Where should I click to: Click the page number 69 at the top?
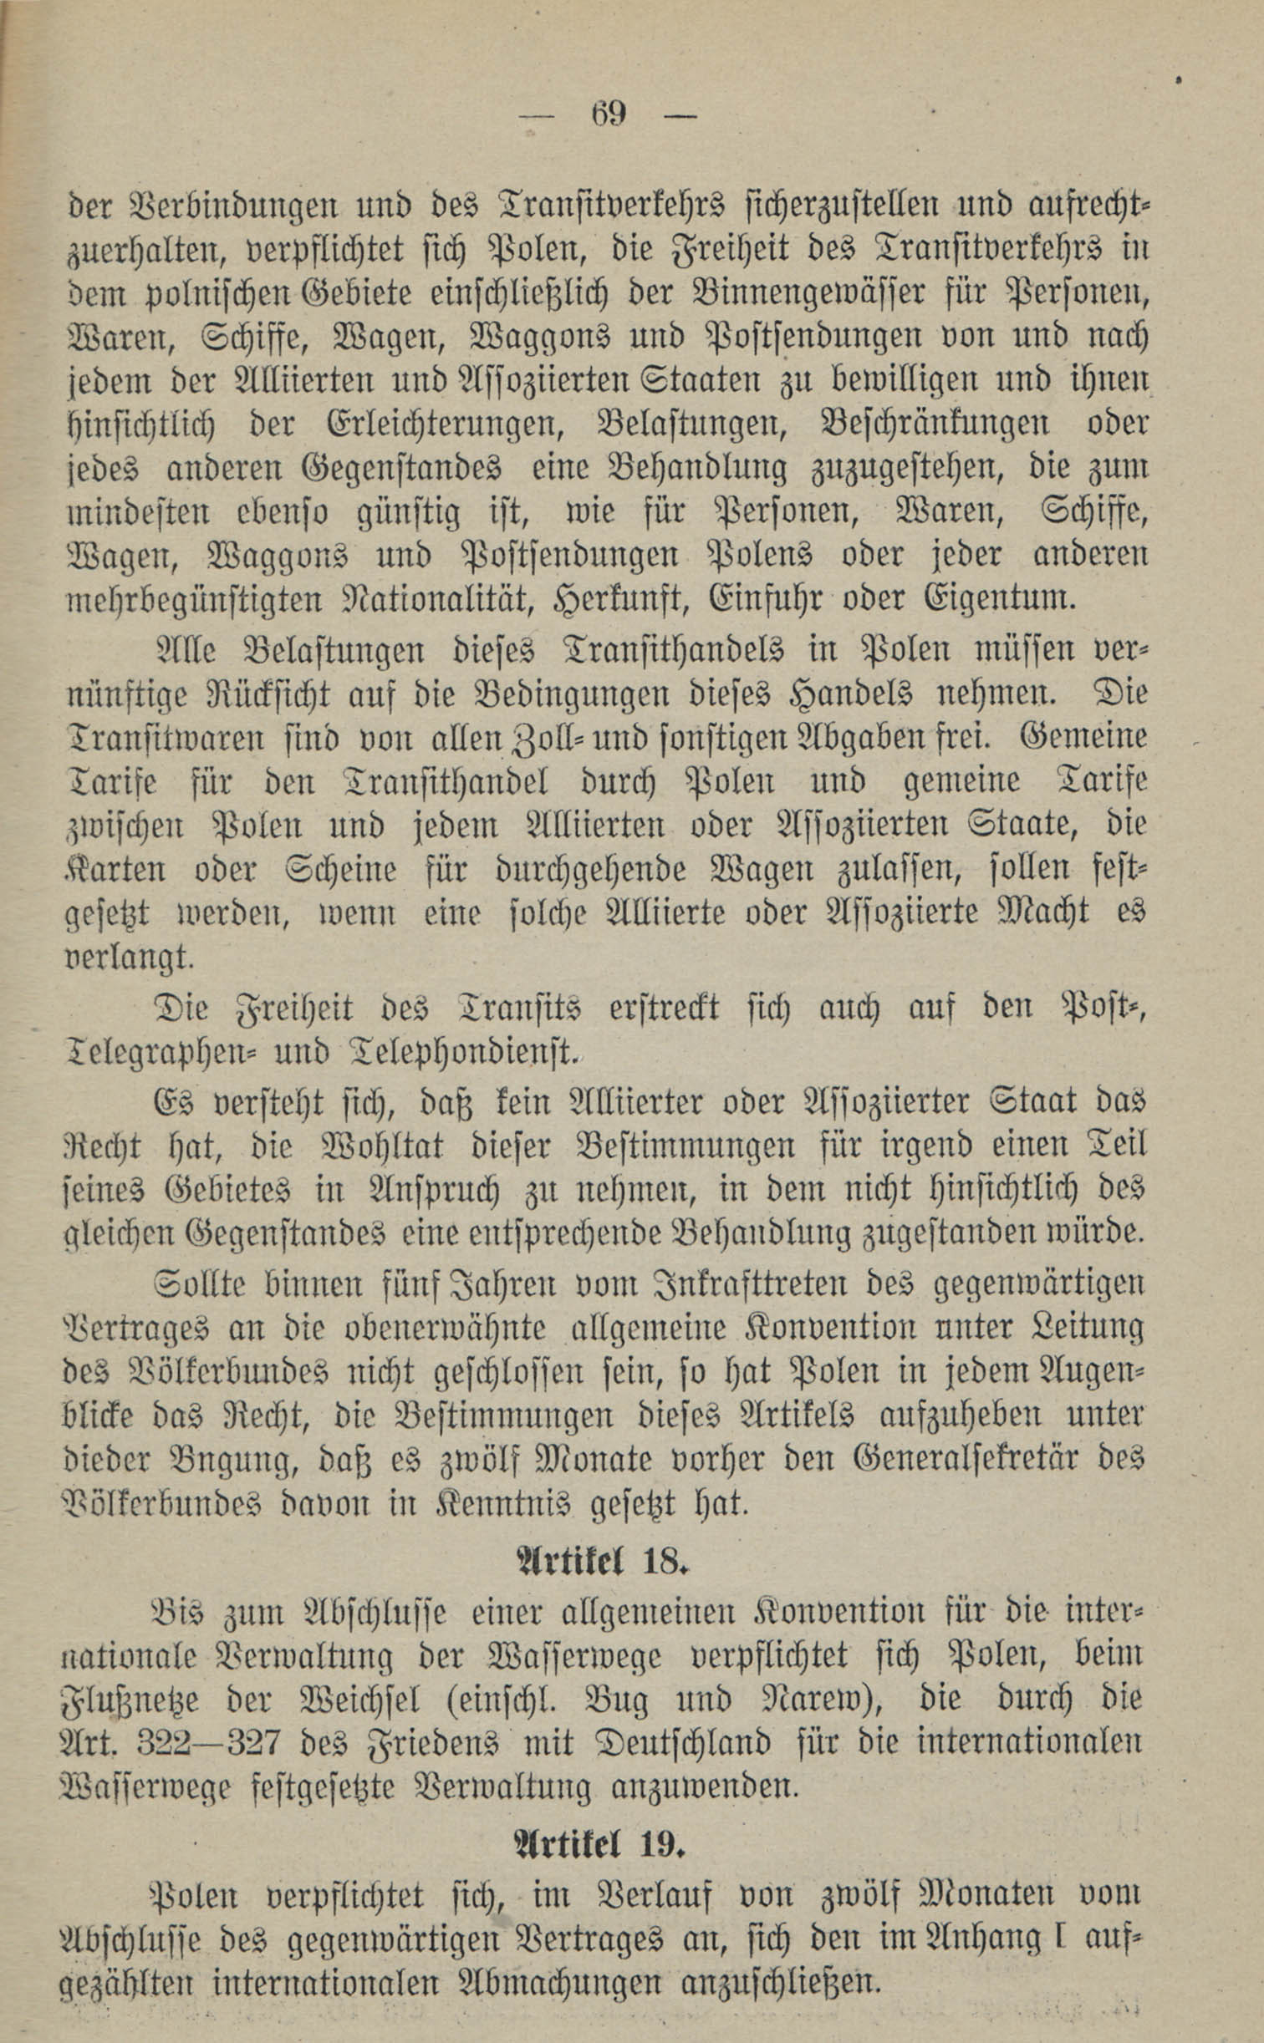(608, 112)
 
